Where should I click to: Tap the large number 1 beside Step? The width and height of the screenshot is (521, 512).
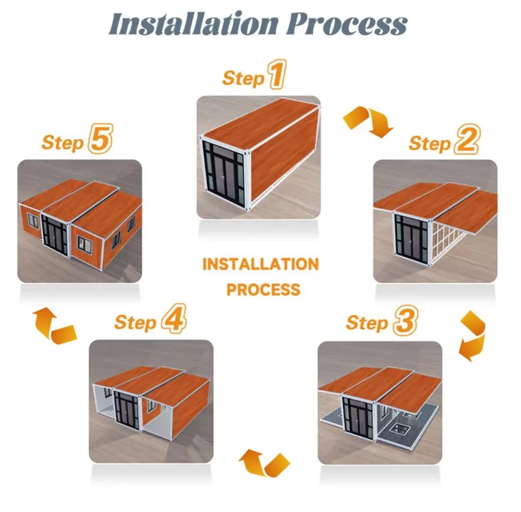[x=276, y=77]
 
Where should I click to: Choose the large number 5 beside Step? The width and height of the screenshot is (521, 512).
[x=100, y=141]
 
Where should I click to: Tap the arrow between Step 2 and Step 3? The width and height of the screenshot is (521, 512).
[x=472, y=337]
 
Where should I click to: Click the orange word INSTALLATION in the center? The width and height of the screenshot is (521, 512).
[x=260, y=264]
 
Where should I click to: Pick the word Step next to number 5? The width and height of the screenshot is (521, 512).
[x=62, y=143]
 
